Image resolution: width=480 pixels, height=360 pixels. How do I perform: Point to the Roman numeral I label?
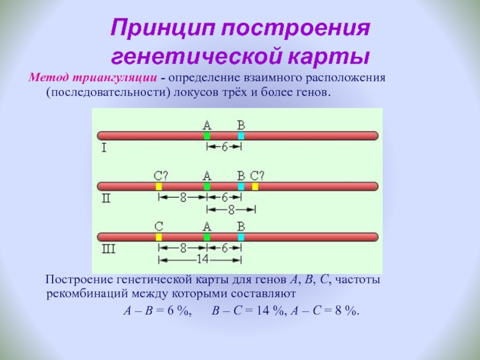(104, 147)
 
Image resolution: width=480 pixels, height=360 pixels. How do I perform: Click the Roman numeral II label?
(106, 198)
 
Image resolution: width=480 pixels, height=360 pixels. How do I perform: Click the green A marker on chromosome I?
(207, 136)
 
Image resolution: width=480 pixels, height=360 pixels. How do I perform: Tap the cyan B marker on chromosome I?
(241, 136)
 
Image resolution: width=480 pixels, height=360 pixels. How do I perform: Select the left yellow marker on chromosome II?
(159, 187)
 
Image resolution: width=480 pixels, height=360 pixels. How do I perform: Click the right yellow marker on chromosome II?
(255, 187)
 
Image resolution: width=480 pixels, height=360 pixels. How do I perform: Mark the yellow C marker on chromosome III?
(159, 237)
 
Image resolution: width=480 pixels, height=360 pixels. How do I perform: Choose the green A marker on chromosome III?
(207, 237)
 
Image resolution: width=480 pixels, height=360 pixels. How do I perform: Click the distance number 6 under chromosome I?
(224, 147)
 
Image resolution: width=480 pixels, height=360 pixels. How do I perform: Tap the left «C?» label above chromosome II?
(160, 176)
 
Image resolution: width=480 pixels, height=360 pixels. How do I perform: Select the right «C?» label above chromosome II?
(257, 176)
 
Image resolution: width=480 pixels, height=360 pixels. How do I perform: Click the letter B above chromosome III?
(241, 226)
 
